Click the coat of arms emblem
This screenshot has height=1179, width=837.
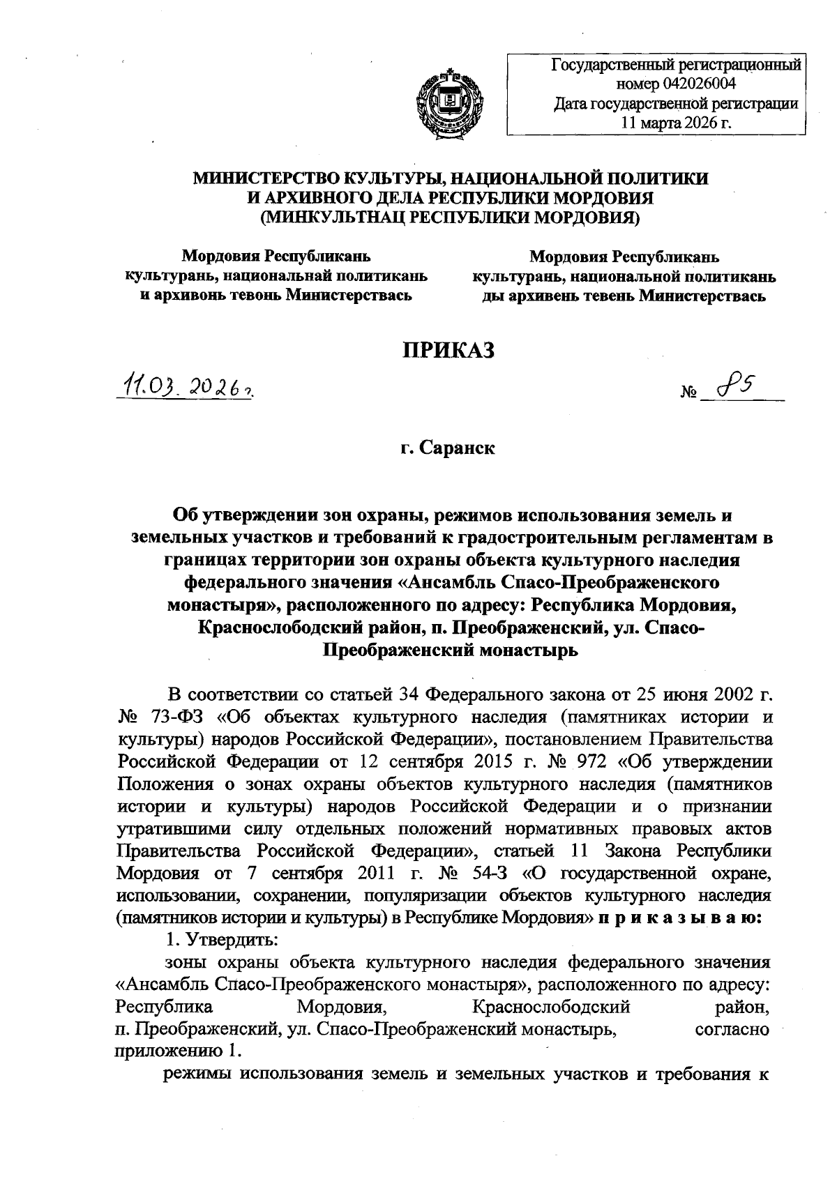point(449,100)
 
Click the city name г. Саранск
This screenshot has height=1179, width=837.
point(448,448)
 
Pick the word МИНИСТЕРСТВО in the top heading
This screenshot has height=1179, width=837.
point(271,178)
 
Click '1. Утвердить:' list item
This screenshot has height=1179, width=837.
point(221,940)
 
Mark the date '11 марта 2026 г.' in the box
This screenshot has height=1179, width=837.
point(675,123)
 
